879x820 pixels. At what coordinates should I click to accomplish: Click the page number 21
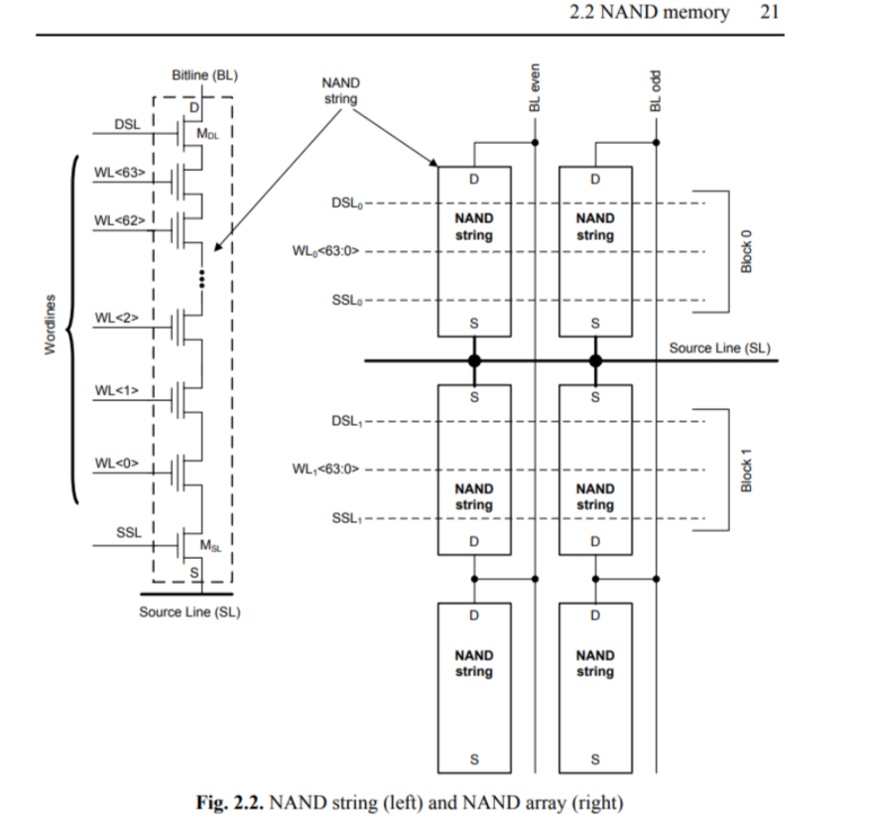[770, 13]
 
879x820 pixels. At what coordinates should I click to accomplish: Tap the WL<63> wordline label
[119, 173]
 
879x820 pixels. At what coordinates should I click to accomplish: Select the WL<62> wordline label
[119, 219]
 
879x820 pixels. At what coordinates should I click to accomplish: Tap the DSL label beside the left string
[127, 125]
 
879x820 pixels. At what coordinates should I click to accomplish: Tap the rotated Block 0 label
[747, 252]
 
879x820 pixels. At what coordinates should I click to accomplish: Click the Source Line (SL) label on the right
[719, 348]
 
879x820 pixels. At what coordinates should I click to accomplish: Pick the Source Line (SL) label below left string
[189, 612]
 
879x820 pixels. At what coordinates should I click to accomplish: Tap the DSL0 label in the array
[346, 204]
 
